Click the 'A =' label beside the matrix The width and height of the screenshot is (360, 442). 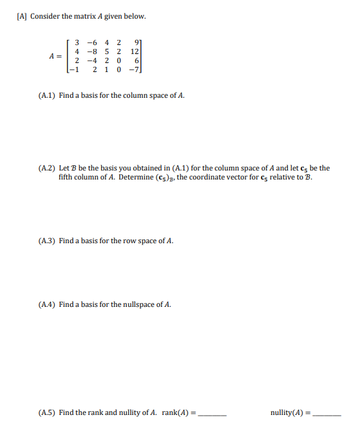pos(55,57)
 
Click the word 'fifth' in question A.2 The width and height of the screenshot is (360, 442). pos(67,178)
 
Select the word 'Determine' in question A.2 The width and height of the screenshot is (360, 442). pos(137,178)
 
